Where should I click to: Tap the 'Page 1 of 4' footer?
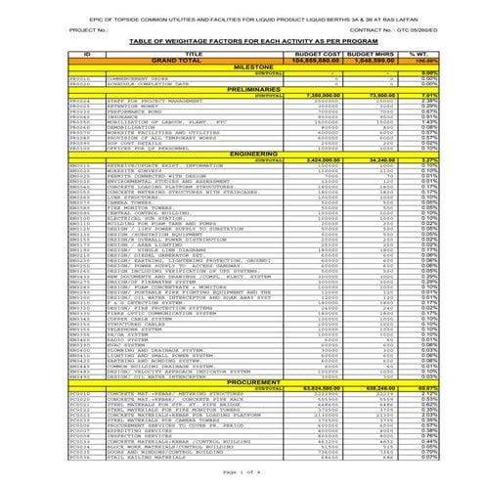241,473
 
